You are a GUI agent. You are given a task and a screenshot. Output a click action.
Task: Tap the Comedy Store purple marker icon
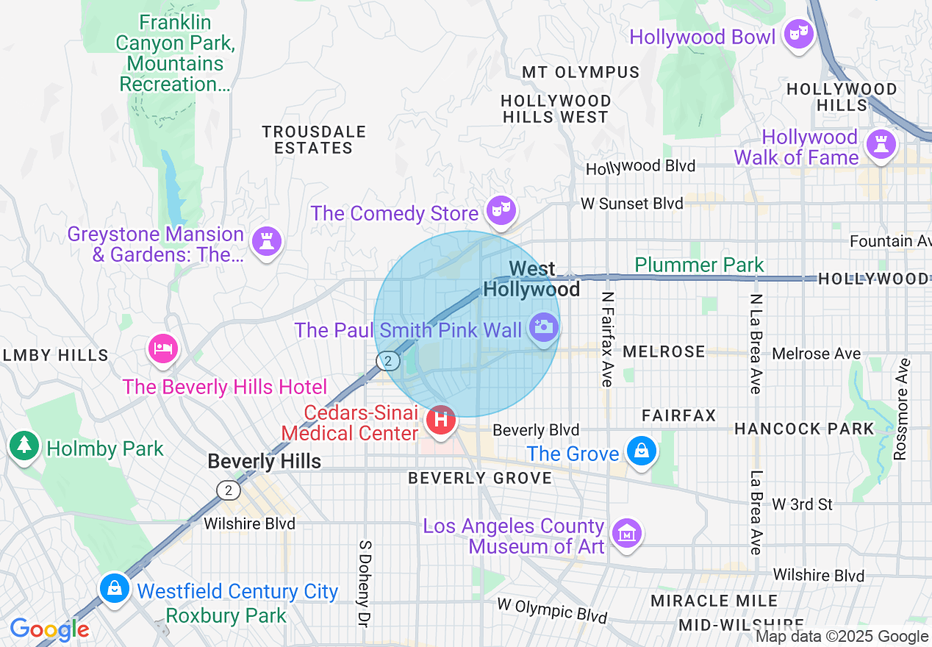tap(501, 210)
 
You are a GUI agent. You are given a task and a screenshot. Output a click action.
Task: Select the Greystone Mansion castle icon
tap(266, 240)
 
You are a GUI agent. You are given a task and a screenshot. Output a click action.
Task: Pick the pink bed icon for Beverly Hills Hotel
tap(162, 348)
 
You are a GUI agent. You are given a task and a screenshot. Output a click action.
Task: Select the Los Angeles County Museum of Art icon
tap(626, 533)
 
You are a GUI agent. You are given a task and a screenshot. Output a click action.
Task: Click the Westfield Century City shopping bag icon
tap(115, 588)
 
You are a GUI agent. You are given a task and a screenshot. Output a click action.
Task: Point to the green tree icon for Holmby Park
tap(24, 445)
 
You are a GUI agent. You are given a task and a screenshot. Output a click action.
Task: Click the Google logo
tap(49, 629)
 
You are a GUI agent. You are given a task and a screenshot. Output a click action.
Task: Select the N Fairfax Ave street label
tap(607, 339)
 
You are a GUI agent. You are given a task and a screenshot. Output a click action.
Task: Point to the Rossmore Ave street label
tap(901, 409)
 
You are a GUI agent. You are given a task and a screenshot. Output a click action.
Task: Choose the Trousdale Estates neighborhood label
tap(314, 140)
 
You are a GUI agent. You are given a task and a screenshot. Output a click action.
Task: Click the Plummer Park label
tap(699, 265)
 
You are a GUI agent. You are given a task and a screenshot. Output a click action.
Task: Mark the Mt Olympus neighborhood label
tap(581, 72)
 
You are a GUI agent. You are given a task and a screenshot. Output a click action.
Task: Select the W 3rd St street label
tap(802, 504)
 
